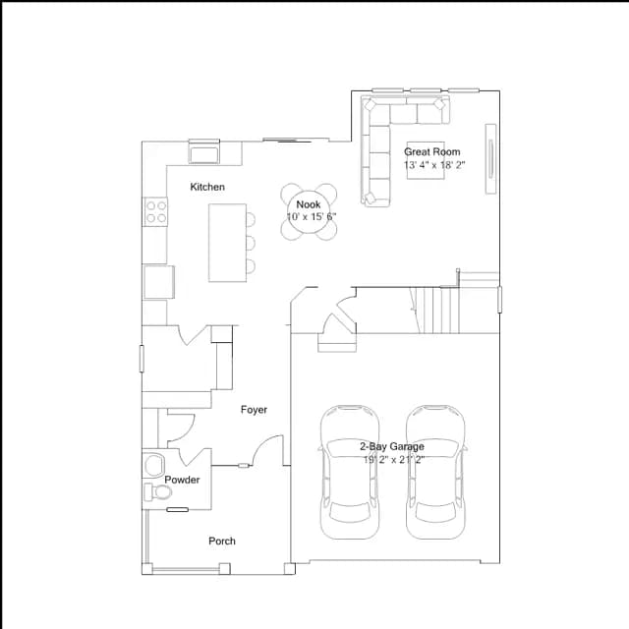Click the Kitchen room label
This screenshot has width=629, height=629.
tap(207, 187)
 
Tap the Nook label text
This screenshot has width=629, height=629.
tap(308, 204)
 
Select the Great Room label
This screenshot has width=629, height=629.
tap(432, 152)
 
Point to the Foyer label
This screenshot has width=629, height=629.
tap(254, 410)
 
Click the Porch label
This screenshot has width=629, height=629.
tap(222, 542)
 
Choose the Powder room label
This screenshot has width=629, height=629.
tap(182, 480)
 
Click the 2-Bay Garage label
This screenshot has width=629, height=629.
tap(392, 446)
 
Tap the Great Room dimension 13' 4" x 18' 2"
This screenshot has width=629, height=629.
tap(434, 165)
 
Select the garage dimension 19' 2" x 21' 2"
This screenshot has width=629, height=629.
tap(393, 460)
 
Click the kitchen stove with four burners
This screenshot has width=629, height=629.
tap(156, 212)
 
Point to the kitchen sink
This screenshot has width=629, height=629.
tap(204, 153)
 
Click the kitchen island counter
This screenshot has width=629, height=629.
tap(227, 243)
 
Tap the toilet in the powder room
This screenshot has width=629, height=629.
tap(157, 491)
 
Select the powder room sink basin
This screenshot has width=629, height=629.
tap(155, 465)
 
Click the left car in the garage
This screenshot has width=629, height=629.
tap(350, 473)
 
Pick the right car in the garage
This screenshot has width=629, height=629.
tap(435, 473)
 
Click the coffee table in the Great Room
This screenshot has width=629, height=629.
tap(426, 160)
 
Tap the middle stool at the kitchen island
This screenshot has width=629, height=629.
tap(251, 243)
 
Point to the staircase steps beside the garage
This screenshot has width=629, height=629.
tap(436, 311)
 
